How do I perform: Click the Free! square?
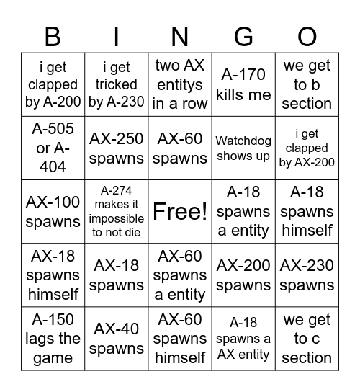click(180, 211)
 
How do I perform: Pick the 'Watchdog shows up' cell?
click(243, 148)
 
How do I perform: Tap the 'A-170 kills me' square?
click(243, 84)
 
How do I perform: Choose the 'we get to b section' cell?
click(307, 84)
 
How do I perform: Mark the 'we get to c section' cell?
click(307, 338)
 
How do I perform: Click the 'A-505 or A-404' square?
click(53, 148)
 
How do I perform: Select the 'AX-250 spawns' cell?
click(116, 148)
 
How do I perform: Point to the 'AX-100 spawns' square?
click(53, 211)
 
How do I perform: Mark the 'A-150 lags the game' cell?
click(53, 338)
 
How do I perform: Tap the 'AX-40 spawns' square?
click(116, 338)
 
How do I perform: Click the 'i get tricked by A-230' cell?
click(116, 84)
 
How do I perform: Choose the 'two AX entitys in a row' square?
click(180, 84)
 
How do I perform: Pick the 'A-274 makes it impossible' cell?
click(116, 211)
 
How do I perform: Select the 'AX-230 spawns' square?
click(307, 275)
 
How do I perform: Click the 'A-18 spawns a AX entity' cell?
click(243, 338)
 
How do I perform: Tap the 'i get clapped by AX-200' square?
click(307, 148)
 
